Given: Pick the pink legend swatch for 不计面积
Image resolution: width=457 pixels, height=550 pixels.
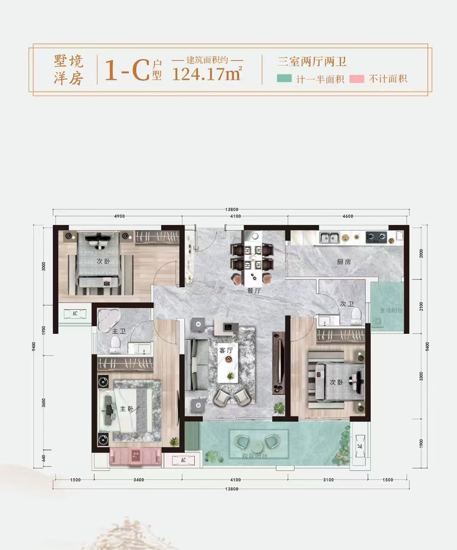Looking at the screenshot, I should click(356, 79).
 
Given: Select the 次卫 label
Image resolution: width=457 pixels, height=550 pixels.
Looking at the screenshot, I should click(345, 303).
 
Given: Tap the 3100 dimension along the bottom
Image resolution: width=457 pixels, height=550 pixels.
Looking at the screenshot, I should click(328, 480).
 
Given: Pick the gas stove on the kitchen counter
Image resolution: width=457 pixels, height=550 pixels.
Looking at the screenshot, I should click(377, 237).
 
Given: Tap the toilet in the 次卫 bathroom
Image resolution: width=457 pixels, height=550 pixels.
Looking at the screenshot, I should click(356, 315).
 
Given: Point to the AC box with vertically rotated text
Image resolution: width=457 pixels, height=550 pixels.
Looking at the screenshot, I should click(360, 446).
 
